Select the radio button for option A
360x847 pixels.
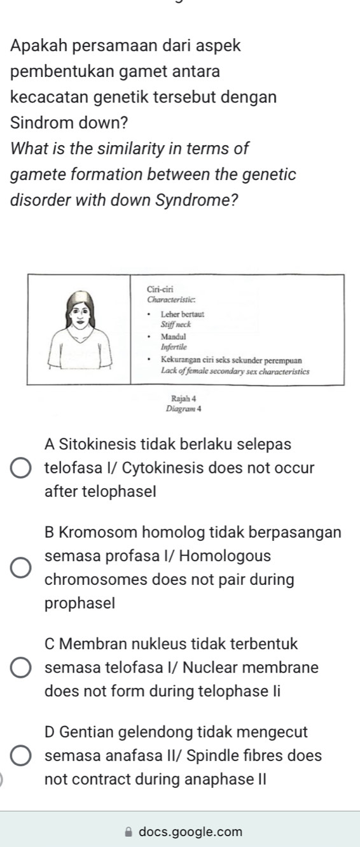(21, 467)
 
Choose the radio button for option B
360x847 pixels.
(21, 567)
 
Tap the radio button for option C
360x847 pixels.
(21, 668)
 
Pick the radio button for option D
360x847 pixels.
(21, 756)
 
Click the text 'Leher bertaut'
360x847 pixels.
(181, 314)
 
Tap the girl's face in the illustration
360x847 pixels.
(81, 313)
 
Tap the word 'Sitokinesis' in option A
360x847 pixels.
(102, 444)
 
